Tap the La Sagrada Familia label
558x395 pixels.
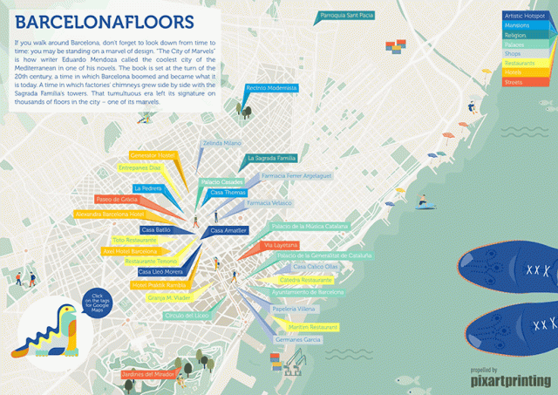point(273,159)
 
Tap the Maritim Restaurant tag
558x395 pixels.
point(308,326)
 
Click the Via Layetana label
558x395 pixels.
point(280,246)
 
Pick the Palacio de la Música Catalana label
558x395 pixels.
point(310,227)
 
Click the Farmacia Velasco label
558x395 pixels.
point(269,203)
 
